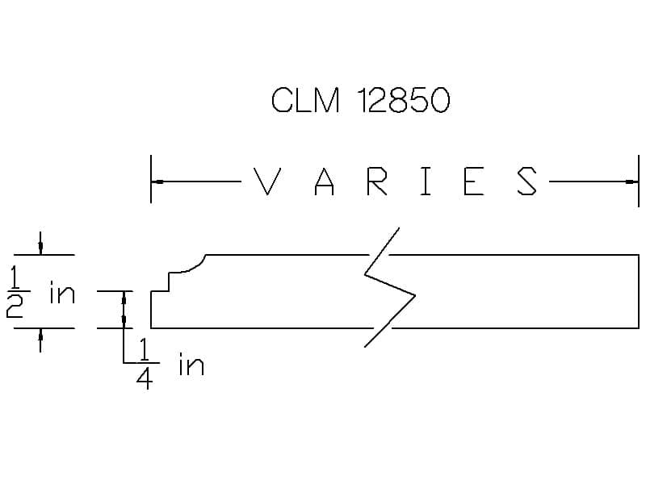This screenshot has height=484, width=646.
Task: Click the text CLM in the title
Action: tap(306, 99)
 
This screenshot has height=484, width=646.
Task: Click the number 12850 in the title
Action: tap(404, 99)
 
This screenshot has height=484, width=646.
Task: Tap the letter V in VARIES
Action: tap(267, 181)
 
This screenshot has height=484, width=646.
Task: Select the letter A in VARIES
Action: tap(325, 181)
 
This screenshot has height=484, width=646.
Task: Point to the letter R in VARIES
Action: tap(377, 181)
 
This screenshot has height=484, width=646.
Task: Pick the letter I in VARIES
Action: tap(426, 181)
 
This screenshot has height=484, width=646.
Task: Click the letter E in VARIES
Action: tap(474, 181)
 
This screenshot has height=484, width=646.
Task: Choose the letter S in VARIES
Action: tap(527, 181)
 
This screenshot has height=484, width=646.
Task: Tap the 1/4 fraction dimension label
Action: tap(145, 364)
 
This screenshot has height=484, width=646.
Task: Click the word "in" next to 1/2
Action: tap(62, 293)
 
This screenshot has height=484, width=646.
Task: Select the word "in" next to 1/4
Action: tap(191, 364)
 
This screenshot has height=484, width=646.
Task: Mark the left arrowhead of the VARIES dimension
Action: tap(157, 181)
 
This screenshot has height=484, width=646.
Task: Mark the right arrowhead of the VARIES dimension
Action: tap(632, 181)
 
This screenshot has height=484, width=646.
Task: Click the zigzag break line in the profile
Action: tap(390, 287)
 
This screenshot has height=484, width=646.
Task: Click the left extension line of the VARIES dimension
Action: tap(151, 179)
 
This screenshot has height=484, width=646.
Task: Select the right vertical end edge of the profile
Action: tap(639, 291)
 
